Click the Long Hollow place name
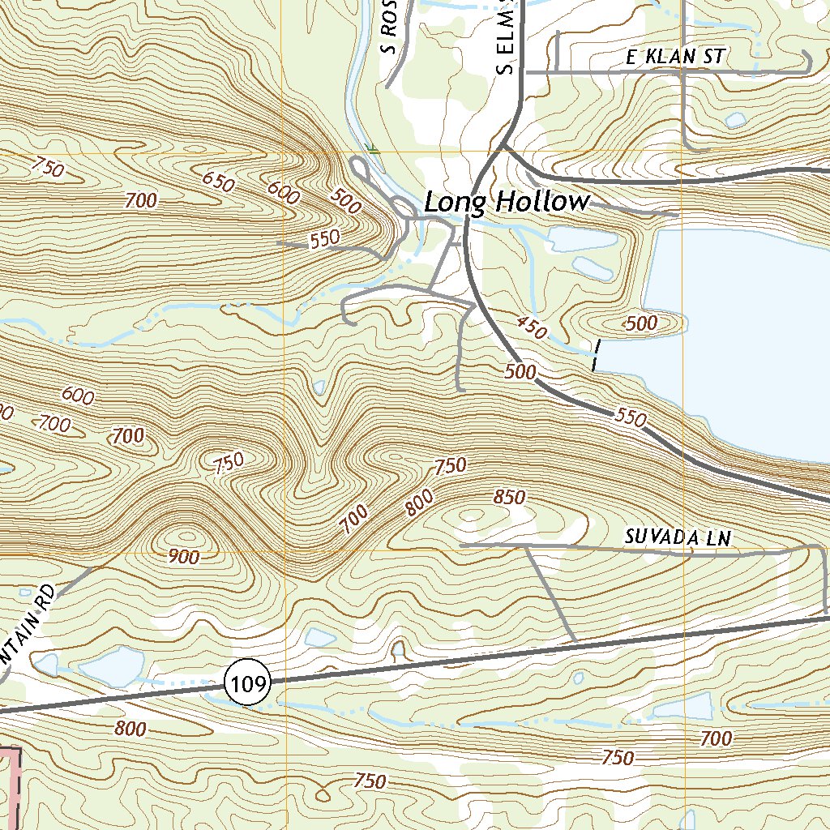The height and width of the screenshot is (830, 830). [x=507, y=202]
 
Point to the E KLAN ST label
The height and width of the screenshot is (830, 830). [x=675, y=58]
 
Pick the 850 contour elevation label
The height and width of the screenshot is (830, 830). [x=509, y=498]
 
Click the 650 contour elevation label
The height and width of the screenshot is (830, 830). [x=218, y=182]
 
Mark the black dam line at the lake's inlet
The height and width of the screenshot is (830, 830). [x=597, y=355]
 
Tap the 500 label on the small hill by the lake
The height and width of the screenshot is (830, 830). [x=642, y=323]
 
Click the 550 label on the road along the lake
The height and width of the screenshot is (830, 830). [x=631, y=418]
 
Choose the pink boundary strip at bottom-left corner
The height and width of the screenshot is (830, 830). [x=10, y=786]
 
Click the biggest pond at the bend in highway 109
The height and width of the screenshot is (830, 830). [x=111, y=666]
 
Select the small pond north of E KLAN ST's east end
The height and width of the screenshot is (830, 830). [x=736, y=120]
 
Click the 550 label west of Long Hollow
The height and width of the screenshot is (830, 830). [x=324, y=240]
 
